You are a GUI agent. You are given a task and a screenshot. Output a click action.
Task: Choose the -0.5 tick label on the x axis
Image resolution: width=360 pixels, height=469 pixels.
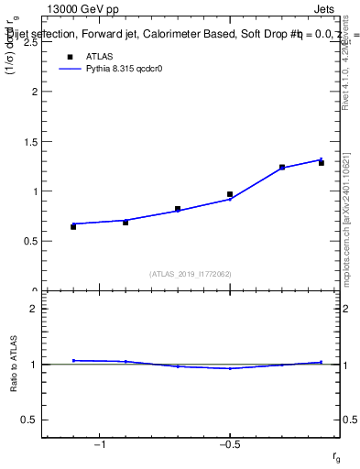click(229, 445)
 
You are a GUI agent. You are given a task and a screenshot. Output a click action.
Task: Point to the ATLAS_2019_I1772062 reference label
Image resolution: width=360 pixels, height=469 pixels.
click(191, 274)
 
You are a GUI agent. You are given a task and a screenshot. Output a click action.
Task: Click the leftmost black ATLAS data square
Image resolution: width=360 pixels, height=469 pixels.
click(73, 226)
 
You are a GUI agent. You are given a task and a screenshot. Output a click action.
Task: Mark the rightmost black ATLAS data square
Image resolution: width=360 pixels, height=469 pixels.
click(322, 162)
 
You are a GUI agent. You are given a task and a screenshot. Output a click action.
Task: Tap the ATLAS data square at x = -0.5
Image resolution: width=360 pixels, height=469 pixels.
click(230, 194)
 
